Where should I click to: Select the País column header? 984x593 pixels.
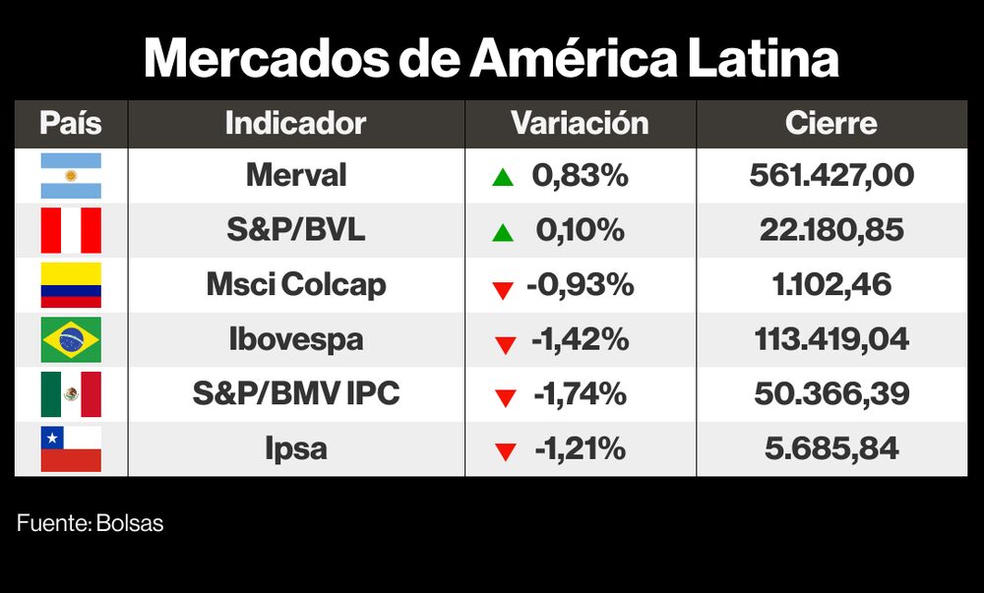70,124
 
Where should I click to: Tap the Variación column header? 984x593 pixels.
580,124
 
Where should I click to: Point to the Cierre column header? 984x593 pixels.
830,124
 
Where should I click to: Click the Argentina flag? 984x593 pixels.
70,176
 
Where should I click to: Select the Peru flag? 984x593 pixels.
70,231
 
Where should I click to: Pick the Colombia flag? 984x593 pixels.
70,285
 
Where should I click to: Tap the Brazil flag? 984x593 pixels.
70,340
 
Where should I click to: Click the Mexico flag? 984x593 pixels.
70,394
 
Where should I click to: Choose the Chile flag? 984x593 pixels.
70,449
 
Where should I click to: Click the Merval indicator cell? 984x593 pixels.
295,176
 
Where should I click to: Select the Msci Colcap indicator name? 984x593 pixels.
295,285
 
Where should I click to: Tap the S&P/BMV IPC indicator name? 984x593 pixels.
295,394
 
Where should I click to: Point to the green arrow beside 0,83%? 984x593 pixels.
503,178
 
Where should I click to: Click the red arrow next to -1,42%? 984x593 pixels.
506,343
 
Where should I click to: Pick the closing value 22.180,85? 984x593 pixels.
830,231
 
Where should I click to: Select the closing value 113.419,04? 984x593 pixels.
830,340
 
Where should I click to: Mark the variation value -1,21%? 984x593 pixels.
580,449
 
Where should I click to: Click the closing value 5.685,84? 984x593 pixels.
830,449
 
